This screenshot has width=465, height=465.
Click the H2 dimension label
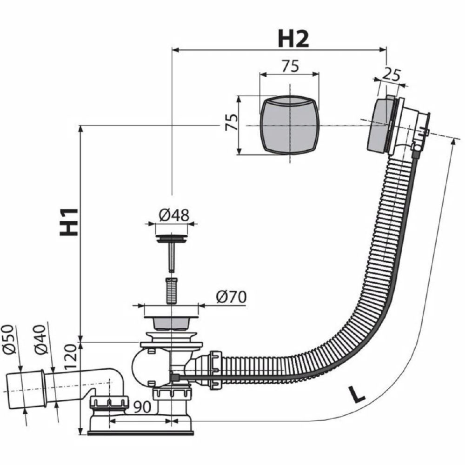click(293, 39)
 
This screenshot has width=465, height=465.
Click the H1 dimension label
click(69, 222)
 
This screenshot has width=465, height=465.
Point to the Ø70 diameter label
click(231, 297)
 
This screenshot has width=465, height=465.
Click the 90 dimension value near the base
click(142, 407)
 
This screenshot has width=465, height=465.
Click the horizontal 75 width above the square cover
click(290, 66)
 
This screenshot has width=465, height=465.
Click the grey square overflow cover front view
click(289, 125)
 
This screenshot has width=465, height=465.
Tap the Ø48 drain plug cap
click(172, 239)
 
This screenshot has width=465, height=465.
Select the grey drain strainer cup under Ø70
click(171, 323)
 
